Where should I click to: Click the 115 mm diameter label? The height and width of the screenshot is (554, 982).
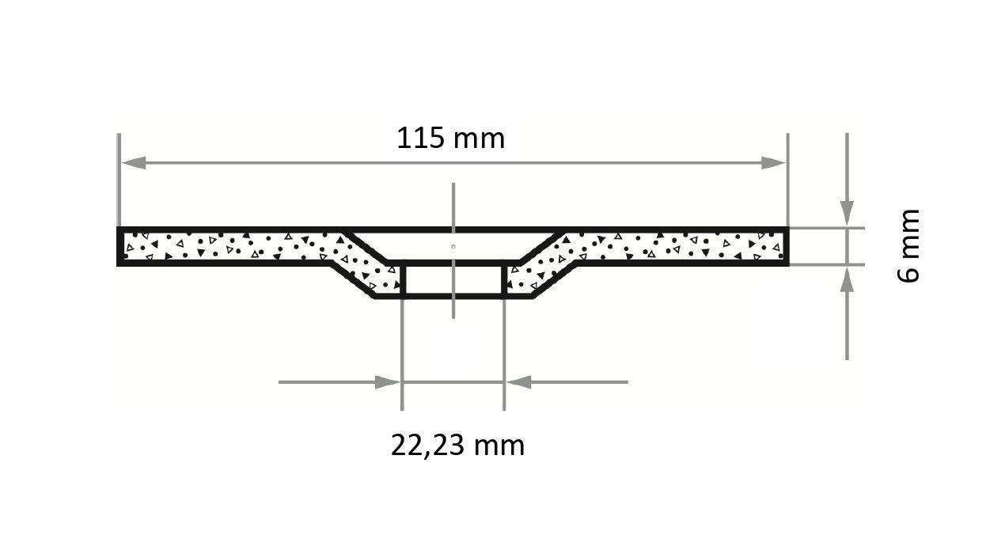click(x=450, y=138)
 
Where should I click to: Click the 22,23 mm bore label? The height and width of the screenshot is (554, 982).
click(x=457, y=445)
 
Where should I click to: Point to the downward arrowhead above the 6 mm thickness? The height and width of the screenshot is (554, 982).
click(x=847, y=214)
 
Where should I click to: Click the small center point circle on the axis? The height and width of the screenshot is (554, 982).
click(x=453, y=246)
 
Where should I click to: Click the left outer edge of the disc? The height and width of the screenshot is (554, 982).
click(x=119, y=245)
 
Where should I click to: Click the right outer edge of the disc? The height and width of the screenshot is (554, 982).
click(x=787, y=245)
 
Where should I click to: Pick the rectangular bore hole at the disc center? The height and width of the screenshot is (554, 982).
click(x=453, y=280)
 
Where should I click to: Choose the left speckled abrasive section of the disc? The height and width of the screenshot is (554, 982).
click(x=229, y=245)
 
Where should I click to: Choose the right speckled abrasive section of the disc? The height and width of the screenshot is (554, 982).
click(x=673, y=245)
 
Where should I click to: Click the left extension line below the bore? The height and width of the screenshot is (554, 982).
click(x=402, y=356)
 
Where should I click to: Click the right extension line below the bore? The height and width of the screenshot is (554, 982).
click(x=504, y=356)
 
